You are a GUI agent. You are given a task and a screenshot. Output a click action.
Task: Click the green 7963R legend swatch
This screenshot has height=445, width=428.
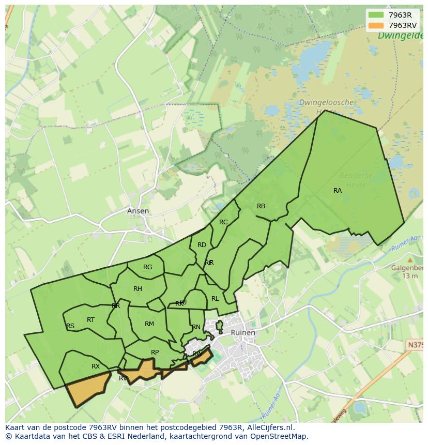pyautogui.click(x=376, y=15)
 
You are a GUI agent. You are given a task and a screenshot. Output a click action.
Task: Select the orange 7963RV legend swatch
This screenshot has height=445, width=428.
pyautogui.click(x=376, y=25)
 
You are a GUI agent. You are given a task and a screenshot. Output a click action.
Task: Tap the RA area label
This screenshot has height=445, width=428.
pyautogui.click(x=338, y=191)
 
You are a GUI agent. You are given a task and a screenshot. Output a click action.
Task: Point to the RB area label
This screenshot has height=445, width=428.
pyautogui.click(x=261, y=206)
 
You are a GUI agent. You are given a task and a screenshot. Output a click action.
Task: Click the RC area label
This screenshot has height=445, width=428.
pyautogui.click(x=223, y=222)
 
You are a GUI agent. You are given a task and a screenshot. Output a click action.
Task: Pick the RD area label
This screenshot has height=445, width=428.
pyautogui.click(x=202, y=245)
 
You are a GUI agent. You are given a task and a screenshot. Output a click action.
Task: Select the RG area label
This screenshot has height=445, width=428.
pyautogui.click(x=148, y=267)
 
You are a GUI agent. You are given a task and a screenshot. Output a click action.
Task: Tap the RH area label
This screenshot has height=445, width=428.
pyautogui.click(x=137, y=289)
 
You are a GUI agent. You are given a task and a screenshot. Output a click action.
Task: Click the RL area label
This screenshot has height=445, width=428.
pyautogui.click(x=215, y=299)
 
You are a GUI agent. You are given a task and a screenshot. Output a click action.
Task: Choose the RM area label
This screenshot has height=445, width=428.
pyautogui.click(x=149, y=324)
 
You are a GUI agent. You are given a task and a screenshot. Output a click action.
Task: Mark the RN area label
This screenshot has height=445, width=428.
pyautogui.click(x=196, y=327)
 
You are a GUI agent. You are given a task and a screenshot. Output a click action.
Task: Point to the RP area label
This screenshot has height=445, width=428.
pyautogui.click(x=155, y=352)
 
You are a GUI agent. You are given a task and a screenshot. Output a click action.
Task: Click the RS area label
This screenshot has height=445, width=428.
pyautogui.click(x=70, y=326)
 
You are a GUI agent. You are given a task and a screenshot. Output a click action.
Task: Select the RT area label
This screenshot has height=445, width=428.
pyautogui.click(x=90, y=320)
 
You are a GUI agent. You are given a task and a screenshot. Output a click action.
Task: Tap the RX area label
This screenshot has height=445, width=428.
pyautogui.click(x=96, y=366)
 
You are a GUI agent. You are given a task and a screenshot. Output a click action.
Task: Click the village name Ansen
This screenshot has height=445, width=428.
pyautogui.click(x=138, y=211)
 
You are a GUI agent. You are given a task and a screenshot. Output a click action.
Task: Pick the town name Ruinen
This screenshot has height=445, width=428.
pyautogui.click(x=242, y=332)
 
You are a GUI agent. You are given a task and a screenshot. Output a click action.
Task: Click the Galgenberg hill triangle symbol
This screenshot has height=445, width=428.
pyautogui.click(x=410, y=260)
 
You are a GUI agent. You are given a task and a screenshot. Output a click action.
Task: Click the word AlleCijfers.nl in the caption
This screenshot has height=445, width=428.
pyautogui.click(x=268, y=427)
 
